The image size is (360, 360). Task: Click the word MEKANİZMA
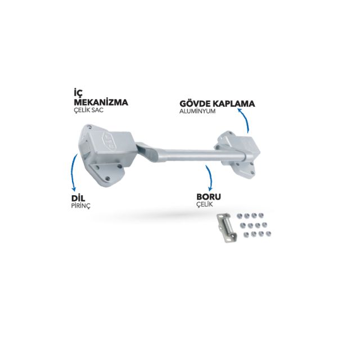click(101, 102)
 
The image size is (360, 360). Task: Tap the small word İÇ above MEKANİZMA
click(78, 92)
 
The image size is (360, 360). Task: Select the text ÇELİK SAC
click(89, 110)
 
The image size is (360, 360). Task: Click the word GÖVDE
click(196, 103)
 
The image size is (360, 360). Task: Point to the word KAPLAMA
click(234, 103)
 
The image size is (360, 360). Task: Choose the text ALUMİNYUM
click(197, 111)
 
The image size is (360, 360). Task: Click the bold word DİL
click(78, 198)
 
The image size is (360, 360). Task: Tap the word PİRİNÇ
click(81, 206)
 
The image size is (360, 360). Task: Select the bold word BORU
click(209, 197)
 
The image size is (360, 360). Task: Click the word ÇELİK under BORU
click(205, 204)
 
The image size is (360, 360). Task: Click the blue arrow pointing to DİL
click(73, 172)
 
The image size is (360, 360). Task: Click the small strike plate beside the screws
click(226, 227)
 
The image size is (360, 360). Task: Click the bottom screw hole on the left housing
click(107, 178)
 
